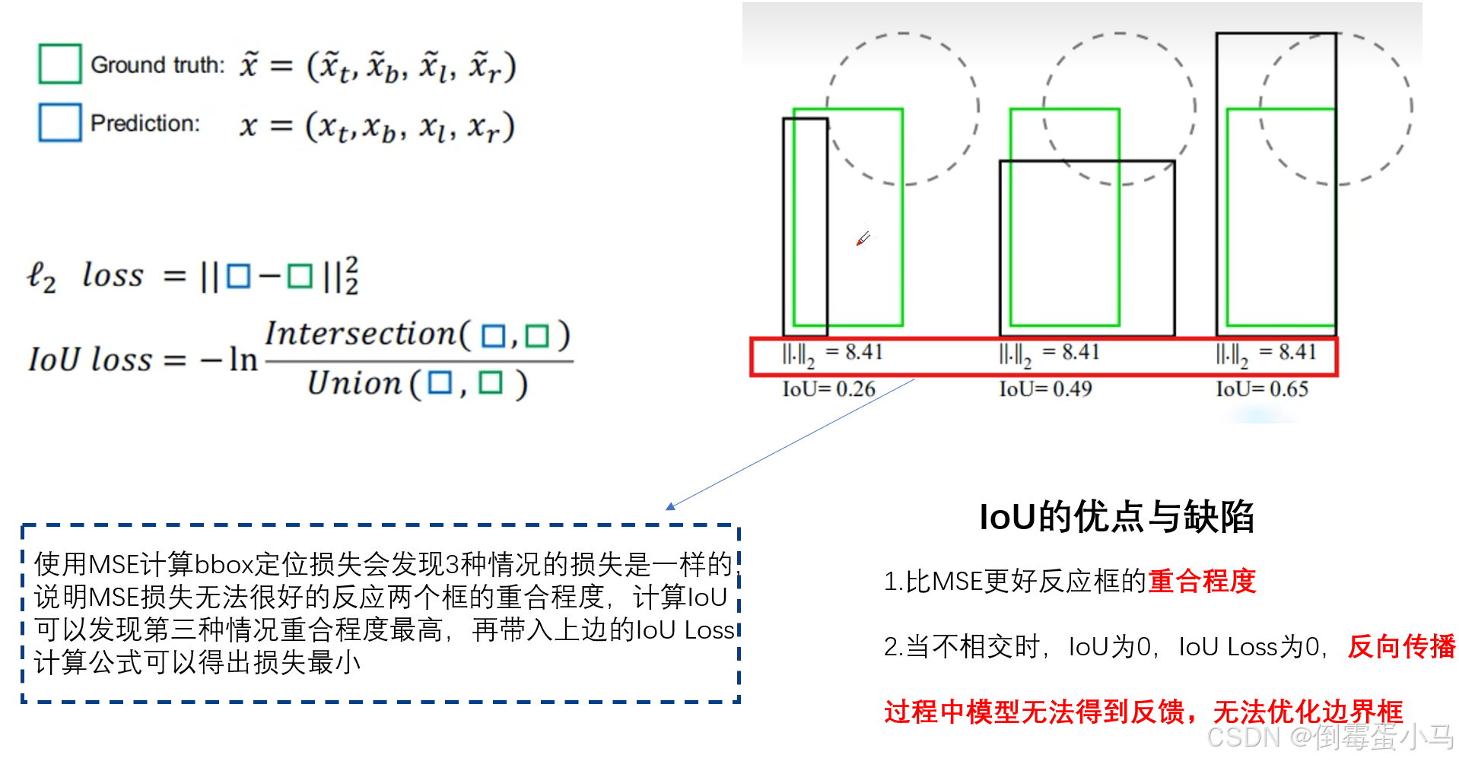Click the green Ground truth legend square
click(59, 64)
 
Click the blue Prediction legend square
click(59, 122)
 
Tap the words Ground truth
click(157, 65)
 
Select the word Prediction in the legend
click(145, 123)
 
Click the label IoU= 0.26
click(828, 389)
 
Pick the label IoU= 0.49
click(1045, 389)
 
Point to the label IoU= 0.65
click(1262, 389)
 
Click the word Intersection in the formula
click(361, 334)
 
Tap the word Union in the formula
click(354, 383)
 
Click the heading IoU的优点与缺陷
click(1116, 517)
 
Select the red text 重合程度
click(1202, 582)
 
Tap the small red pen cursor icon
click(863, 239)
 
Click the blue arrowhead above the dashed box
click(670, 506)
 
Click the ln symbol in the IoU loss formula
click(243, 360)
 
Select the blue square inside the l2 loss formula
click(238, 276)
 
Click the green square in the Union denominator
click(490, 383)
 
